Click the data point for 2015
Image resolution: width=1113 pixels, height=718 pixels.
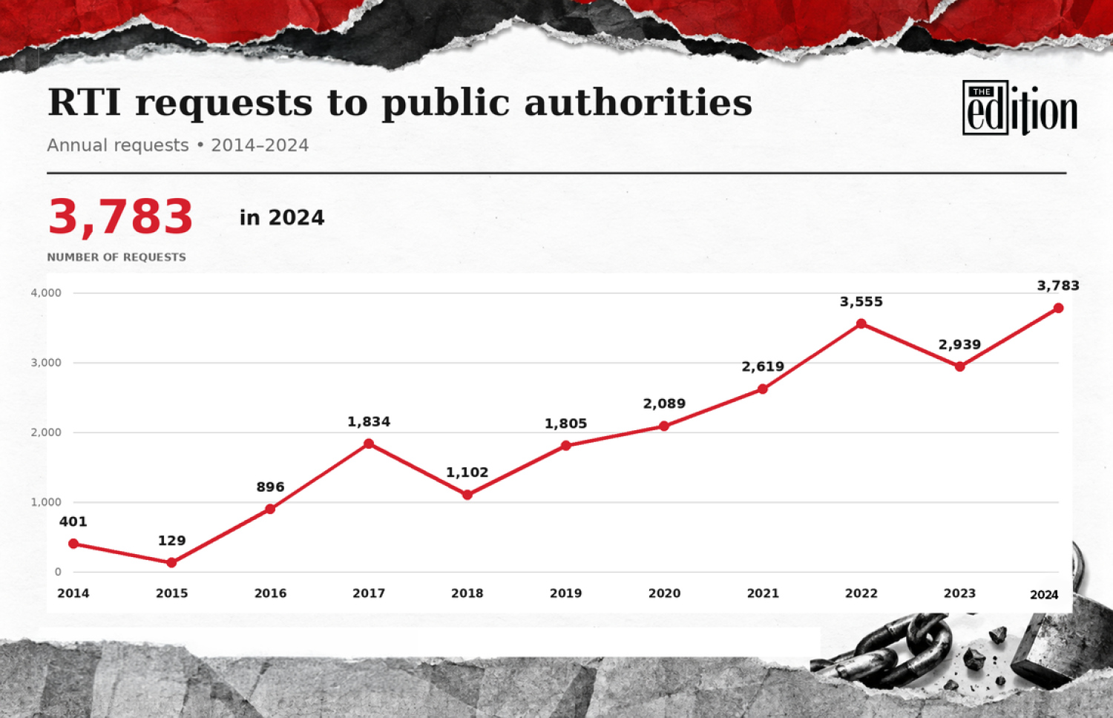[x=171, y=562]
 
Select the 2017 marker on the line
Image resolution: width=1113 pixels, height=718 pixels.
[x=369, y=444]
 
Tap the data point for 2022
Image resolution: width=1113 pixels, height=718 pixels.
[x=861, y=323]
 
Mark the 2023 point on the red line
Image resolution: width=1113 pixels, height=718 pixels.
[x=960, y=366]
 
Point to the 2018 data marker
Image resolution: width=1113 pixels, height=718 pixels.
[x=467, y=495]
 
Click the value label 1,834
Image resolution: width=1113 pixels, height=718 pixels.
[x=369, y=422]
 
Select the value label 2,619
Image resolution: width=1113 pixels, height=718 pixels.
[x=763, y=367]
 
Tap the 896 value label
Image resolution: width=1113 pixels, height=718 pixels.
[x=270, y=487]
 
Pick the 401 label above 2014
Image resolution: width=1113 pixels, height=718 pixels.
[x=73, y=522]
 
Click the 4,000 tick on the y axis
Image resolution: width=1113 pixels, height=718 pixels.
[x=46, y=293]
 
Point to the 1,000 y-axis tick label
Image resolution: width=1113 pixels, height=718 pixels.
[x=46, y=502]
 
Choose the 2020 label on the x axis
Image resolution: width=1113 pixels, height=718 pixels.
[x=664, y=593]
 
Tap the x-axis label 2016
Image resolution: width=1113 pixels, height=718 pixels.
[x=270, y=593]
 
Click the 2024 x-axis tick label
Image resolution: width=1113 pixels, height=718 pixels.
[x=1044, y=595]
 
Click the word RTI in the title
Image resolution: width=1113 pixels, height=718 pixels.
[x=84, y=102]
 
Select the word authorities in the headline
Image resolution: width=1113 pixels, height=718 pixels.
[x=638, y=102]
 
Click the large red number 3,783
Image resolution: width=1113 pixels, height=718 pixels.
[x=120, y=217]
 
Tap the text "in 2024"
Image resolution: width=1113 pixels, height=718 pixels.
[x=282, y=218]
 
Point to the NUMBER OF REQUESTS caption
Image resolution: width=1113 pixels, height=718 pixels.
[x=116, y=257]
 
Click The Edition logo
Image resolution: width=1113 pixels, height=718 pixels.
[x=1020, y=108]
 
